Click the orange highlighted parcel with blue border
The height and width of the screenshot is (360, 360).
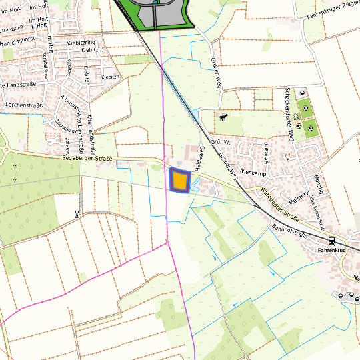pyautogui.click(x=179, y=181)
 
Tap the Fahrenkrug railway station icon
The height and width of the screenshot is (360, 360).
pyautogui.click(x=331, y=240)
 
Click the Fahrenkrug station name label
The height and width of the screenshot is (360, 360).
pyautogui.click(x=333, y=250)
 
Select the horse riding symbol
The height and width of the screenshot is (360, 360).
pyautogui.click(x=223, y=118)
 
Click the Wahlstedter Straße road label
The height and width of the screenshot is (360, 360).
pyautogui.click(x=279, y=205)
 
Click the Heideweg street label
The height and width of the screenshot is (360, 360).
pyautogui.click(x=199, y=157)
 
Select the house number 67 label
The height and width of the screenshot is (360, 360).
pyautogui.click(x=287, y=156)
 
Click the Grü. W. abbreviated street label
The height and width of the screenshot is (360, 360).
pyautogui.click(x=219, y=142)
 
